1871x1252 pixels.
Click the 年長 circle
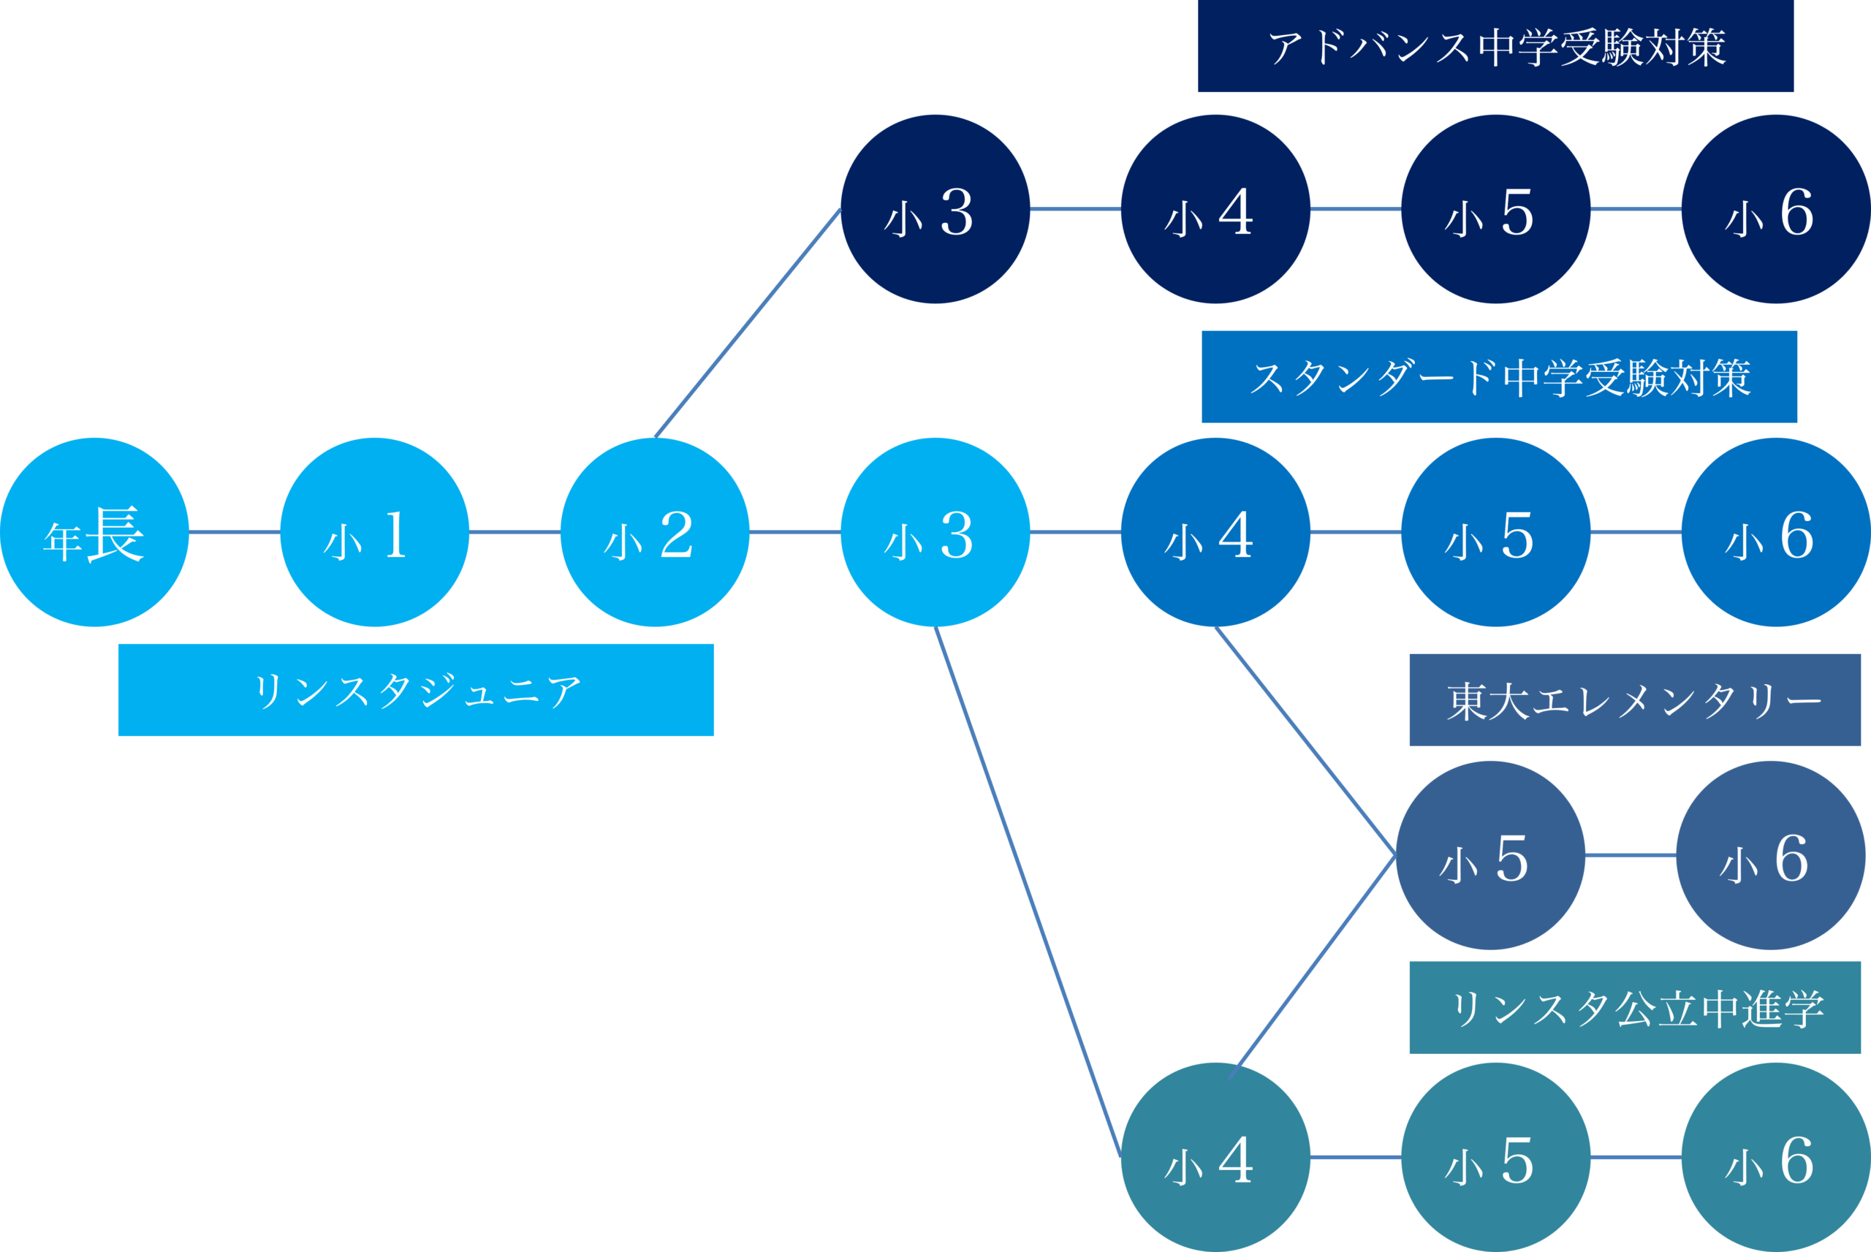pyautogui.click(x=94, y=532)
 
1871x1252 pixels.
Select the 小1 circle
pyautogui.click(x=374, y=532)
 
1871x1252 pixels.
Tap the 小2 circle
pyautogui.click(x=655, y=532)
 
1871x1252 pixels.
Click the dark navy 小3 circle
pyautogui.click(x=935, y=209)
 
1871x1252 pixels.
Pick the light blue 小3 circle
pyautogui.click(x=935, y=532)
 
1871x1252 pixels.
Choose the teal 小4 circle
pyautogui.click(x=1215, y=1157)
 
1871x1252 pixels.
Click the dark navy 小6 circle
pyautogui.click(x=1775, y=209)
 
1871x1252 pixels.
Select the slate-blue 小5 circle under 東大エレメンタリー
pyautogui.click(x=1489, y=855)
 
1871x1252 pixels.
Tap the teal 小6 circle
pyautogui.click(x=1775, y=1157)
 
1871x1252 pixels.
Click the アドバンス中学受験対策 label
pyautogui.click(x=1496, y=46)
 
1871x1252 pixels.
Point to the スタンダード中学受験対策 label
pyautogui.click(x=1499, y=377)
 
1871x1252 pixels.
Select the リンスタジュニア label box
pyautogui.click(x=416, y=690)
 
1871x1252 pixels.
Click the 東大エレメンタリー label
pyautogui.click(x=1635, y=700)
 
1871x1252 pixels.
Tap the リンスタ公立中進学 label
pyautogui.click(x=1635, y=1008)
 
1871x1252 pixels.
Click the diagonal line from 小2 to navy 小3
pyautogui.click(x=747, y=323)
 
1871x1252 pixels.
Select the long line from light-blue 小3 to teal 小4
pyautogui.click(x=1028, y=892)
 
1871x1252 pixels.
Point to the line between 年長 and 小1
pyautogui.click(x=234, y=532)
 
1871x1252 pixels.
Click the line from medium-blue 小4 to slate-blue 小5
pyautogui.click(x=1305, y=741)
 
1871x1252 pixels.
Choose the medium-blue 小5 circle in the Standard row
pyautogui.click(x=1495, y=532)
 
